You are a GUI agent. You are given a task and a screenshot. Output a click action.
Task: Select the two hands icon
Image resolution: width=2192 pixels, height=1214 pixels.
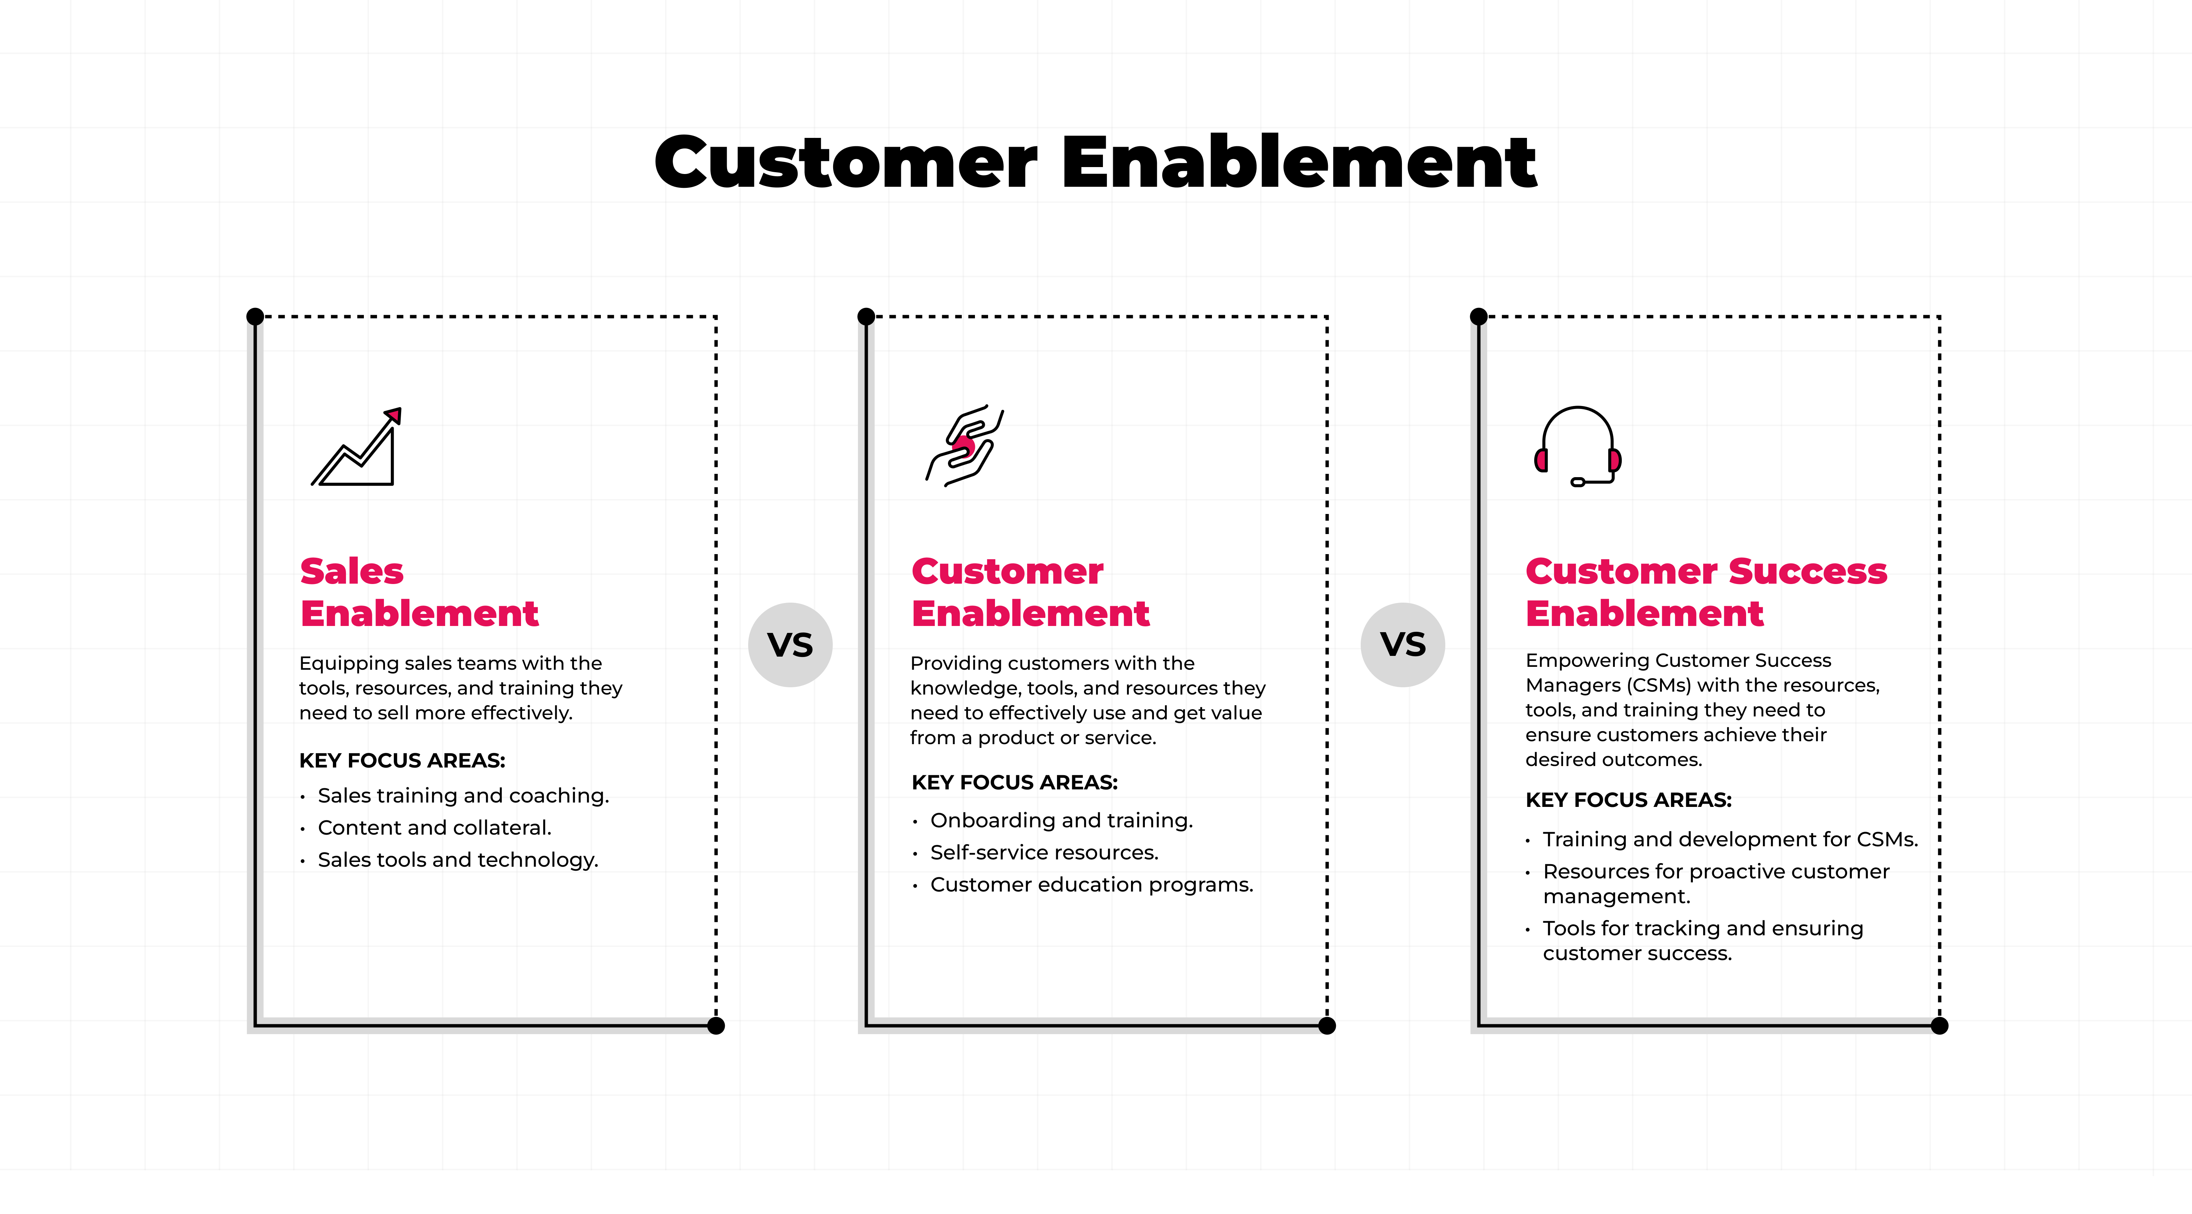(964, 445)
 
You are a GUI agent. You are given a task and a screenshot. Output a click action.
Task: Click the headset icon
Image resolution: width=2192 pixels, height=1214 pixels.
(1578, 446)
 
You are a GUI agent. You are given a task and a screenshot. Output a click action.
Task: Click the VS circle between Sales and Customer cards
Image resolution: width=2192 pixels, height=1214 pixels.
(790, 645)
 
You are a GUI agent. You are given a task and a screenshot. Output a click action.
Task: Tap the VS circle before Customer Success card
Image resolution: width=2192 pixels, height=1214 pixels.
(1402, 645)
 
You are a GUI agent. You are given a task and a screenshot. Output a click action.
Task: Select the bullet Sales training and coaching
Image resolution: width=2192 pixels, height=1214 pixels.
(463, 795)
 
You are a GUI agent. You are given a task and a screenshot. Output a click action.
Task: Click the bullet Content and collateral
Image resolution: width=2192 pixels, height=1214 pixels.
(434, 827)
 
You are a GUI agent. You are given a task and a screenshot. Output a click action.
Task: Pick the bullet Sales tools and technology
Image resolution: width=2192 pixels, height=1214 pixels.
(458, 860)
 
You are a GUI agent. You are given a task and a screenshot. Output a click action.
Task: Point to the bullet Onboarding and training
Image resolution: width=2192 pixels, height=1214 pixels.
(1061, 820)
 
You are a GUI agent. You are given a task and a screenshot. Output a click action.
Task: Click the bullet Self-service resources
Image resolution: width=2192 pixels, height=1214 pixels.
(1044, 852)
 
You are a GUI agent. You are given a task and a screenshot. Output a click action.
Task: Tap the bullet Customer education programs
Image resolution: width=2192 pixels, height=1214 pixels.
(1092, 885)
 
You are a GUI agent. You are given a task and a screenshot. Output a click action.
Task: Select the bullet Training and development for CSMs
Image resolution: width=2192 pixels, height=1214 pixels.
(1730, 839)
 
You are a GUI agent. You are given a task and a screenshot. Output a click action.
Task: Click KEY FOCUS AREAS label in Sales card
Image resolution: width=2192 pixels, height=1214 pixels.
(402, 760)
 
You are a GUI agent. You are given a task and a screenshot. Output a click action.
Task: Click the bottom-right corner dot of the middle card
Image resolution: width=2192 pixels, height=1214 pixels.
(1326, 1026)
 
